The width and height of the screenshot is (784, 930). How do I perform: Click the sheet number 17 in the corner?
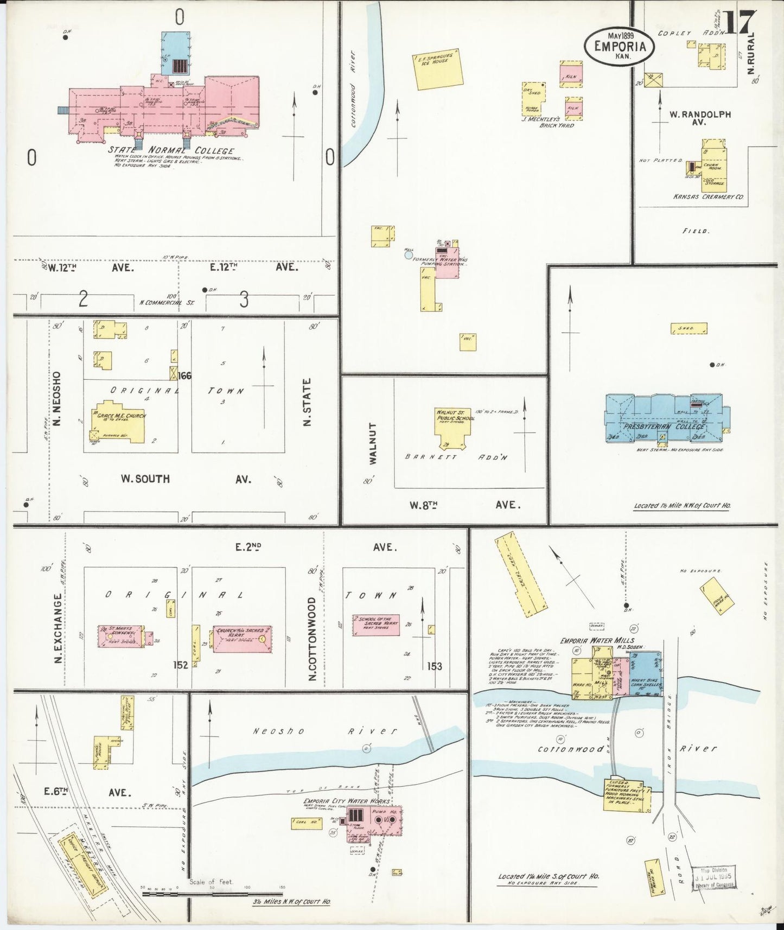[739, 23]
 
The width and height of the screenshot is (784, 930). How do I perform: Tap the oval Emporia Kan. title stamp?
[620, 46]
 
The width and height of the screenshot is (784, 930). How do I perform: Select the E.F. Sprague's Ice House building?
[439, 69]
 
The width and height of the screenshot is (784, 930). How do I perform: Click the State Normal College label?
[171, 150]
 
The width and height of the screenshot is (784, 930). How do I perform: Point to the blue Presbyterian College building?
[667, 417]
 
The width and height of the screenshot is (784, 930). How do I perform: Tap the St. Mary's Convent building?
[120, 635]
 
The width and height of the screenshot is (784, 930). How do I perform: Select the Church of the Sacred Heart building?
[241, 639]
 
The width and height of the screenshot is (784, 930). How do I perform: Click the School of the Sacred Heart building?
[376, 625]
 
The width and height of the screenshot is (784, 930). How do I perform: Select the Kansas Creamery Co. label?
[708, 197]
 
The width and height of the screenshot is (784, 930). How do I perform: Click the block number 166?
[184, 375]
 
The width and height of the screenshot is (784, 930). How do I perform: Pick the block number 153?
[434, 666]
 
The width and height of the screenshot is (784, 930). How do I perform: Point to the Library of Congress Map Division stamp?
[713, 877]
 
